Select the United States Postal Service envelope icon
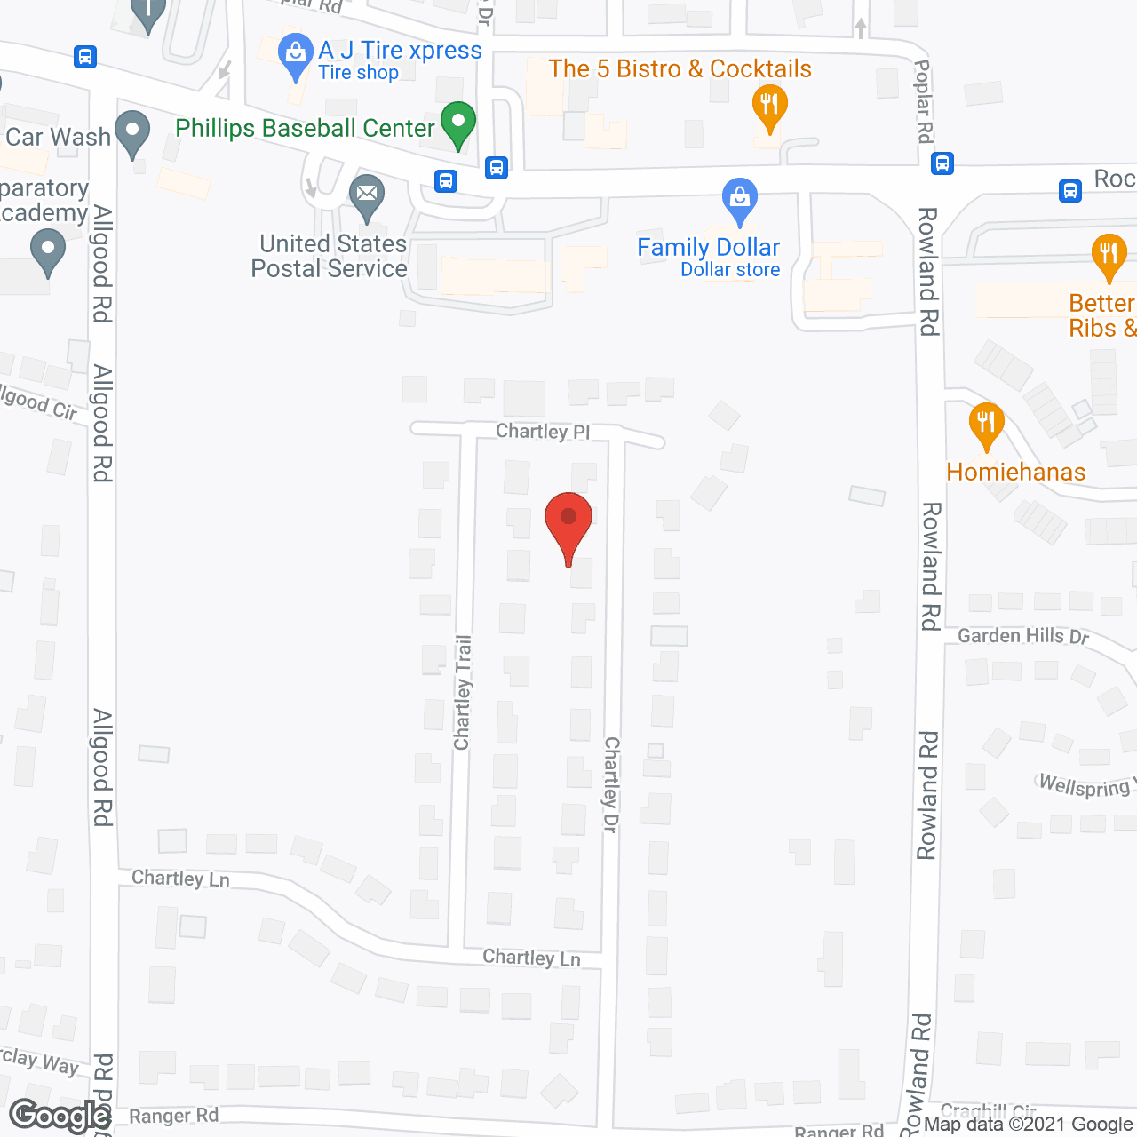pos(366,195)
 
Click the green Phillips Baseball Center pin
pos(458,123)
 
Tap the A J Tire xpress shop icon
pos(295,53)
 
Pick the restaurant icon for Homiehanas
pos(986,423)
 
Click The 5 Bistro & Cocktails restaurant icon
pos(769,107)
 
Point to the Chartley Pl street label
pos(543,432)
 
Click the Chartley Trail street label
pos(463,693)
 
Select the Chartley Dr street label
pos(611,784)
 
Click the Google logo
pos(60,1116)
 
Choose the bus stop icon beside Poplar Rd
pos(942,163)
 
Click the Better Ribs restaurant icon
pos(1108,254)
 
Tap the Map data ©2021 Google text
pos(1029,1125)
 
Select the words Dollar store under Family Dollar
pos(730,270)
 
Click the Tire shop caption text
pos(358,73)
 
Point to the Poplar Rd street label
pos(924,101)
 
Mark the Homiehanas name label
pos(1016,472)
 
